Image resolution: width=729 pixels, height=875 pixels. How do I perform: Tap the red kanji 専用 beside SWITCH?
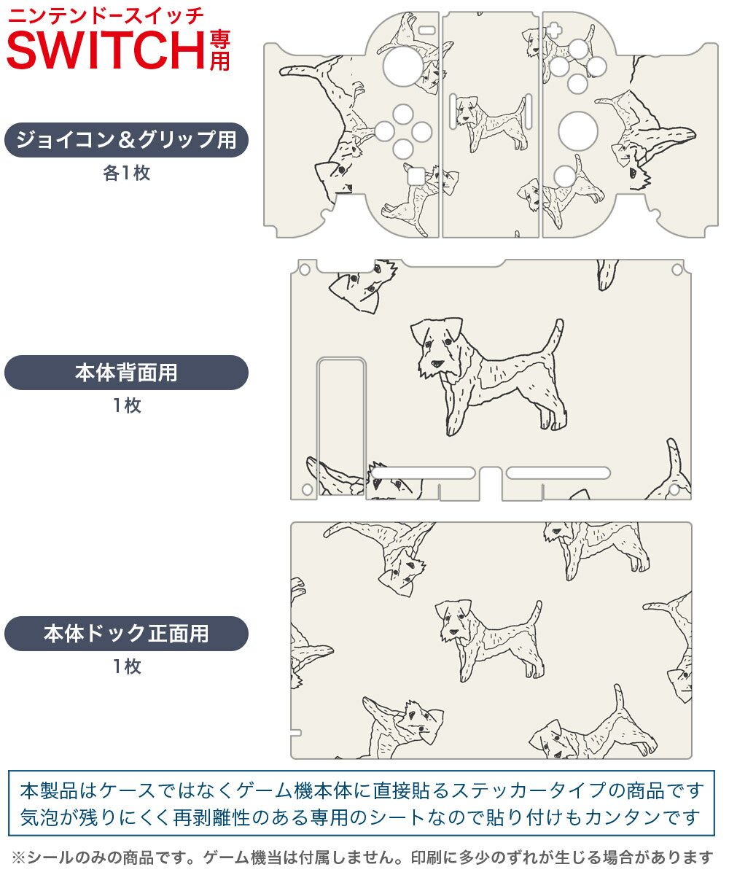coord(219,50)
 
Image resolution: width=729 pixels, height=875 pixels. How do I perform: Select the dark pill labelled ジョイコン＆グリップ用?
coord(126,140)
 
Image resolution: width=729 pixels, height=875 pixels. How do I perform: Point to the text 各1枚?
coord(126,173)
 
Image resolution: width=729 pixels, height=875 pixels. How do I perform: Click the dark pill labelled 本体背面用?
coord(126,373)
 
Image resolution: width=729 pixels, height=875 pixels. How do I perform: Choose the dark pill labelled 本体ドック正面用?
coord(126,633)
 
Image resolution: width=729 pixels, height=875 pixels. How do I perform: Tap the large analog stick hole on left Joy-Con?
coord(403,66)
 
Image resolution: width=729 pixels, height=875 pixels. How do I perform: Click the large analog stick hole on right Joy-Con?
coord(578,131)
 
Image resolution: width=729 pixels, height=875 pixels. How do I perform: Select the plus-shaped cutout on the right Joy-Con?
coord(553,31)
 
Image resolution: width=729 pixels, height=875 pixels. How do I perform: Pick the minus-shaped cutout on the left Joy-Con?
coord(427,30)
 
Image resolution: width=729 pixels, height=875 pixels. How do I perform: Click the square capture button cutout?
coord(416,176)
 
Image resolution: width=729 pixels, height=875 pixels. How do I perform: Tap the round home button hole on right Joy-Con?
coord(565,176)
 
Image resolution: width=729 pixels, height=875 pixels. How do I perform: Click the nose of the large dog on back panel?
coord(437,364)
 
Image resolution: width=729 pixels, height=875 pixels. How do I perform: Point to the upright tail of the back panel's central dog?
coord(554,339)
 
